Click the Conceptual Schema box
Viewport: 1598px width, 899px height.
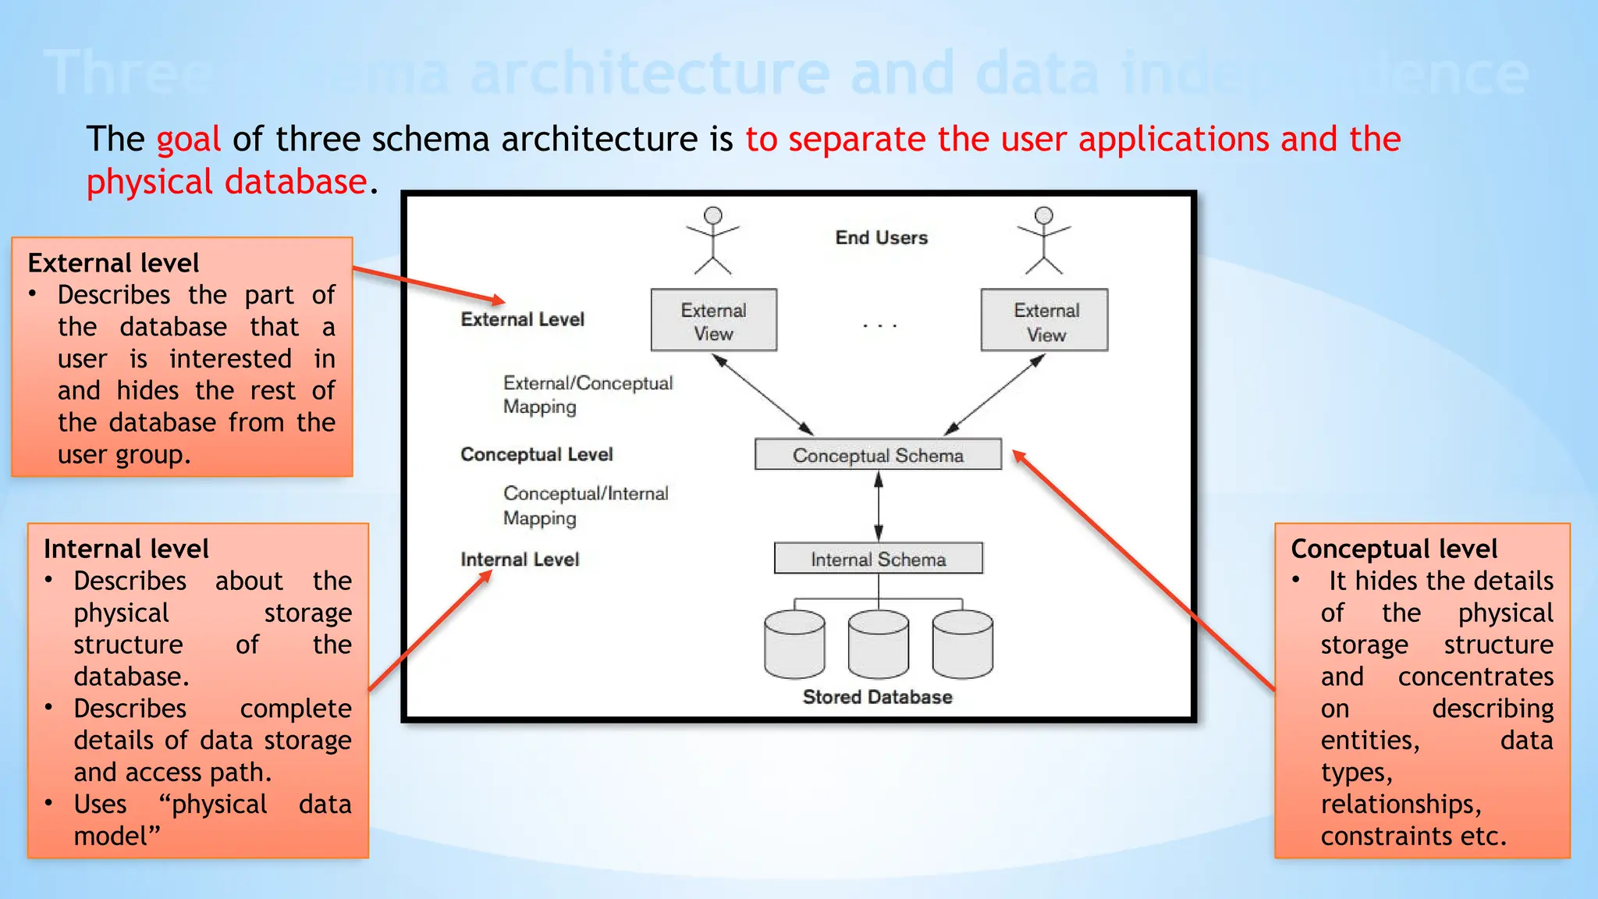[x=878, y=454]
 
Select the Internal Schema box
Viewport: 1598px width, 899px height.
[x=878, y=559]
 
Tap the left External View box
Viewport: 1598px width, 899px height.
[x=714, y=321]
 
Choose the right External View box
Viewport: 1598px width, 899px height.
[x=1044, y=321]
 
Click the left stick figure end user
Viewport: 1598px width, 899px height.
[x=712, y=240]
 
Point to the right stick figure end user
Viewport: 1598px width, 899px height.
[x=1044, y=240]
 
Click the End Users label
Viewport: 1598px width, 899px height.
[x=881, y=237]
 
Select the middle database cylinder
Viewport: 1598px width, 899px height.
[x=879, y=645]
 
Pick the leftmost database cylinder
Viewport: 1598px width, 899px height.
[x=794, y=645]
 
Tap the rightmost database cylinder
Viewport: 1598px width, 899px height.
[x=963, y=645]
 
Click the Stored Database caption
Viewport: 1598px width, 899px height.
[x=877, y=697]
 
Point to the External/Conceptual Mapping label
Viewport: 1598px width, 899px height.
[x=587, y=395]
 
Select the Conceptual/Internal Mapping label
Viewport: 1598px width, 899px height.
[x=585, y=506]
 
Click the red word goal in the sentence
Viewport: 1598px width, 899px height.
[x=188, y=140]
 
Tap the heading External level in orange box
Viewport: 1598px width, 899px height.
[x=113, y=263]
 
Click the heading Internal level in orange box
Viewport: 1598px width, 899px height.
[x=126, y=549]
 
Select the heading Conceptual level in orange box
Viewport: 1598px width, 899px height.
[x=1394, y=549]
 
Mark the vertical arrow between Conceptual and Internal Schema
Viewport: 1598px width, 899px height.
[x=879, y=506]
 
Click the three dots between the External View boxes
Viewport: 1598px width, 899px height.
[x=879, y=325]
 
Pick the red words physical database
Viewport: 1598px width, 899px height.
[x=226, y=182]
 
